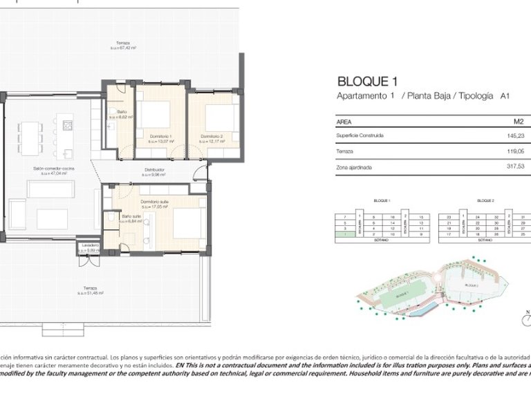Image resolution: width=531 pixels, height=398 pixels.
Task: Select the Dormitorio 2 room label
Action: pos(213,136)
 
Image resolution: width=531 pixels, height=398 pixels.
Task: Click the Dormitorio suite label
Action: pos(156,202)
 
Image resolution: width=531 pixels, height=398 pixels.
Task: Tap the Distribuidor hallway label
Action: pos(154,169)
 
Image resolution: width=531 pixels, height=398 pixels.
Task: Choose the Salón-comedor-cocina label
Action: pos(53,169)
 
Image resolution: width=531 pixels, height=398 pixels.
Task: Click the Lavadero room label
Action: pos(90,245)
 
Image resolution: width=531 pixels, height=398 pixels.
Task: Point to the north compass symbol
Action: pos(525,317)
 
